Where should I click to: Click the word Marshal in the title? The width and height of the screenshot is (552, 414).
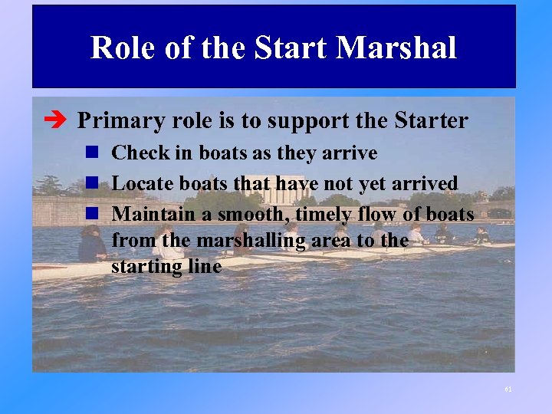pyautogui.click(x=396, y=48)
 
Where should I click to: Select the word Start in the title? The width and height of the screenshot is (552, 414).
pyautogui.click(x=290, y=48)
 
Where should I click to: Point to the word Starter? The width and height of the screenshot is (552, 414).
pyautogui.click(x=431, y=121)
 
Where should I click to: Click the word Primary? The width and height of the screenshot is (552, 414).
pyautogui.click(x=121, y=121)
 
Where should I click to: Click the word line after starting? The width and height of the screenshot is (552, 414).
pyautogui.click(x=204, y=267)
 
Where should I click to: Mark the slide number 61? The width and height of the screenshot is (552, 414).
pyautogui.click(x=508, y=389)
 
